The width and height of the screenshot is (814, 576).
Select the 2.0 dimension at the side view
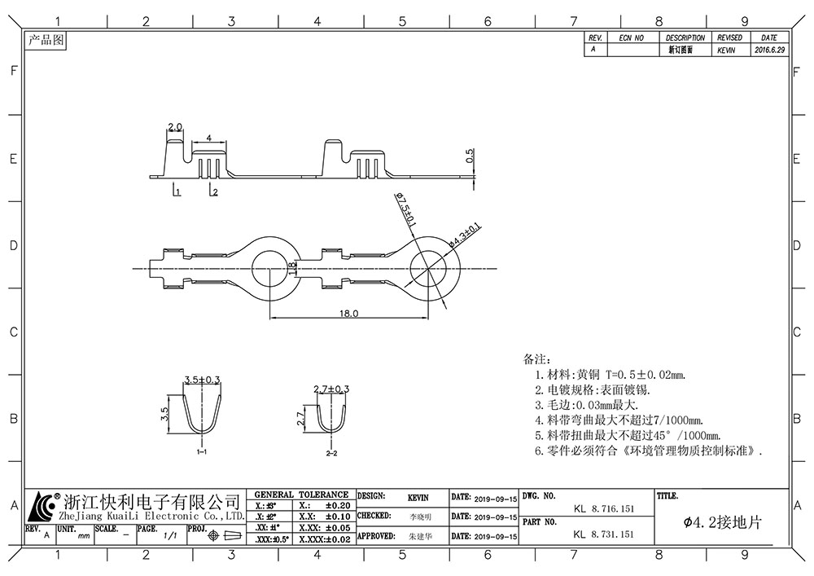pyautogui.click(x=175, y=127)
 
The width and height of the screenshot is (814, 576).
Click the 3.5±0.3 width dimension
pyautogui.click(x=203, y=380)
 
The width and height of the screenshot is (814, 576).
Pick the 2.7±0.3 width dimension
pyautogui.click(x=331, y=389)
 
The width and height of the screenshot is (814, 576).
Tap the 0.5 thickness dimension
pyautogui.click(x=470, y=156)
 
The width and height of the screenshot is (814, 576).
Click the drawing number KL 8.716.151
pyautogui.click(x=604, y=508)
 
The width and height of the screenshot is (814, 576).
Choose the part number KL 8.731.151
pyautogui.click(x=604, y=534)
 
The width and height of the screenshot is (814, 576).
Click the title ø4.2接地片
pyautogui.click(x=722, y=522)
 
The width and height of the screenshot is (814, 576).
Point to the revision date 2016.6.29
pyautogui.click(x=769, y=50)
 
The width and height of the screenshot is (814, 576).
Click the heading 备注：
pyautogui.click(x=537, y=358)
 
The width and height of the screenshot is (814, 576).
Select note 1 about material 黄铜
pyautogui.click(x=610, y=374)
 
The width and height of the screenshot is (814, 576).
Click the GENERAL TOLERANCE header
pyautogui.click(x=301, y=495)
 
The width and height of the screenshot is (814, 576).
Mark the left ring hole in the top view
pyautogui.click(x=269, y=268)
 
